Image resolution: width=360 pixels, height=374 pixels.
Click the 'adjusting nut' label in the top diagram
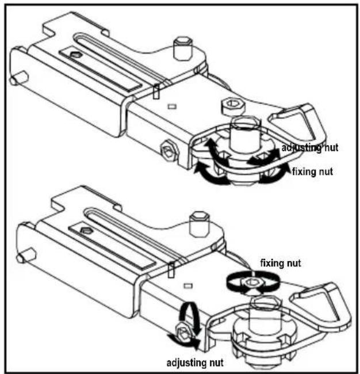click(310, 148)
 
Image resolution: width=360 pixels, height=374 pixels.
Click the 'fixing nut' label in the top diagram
click(313, 171)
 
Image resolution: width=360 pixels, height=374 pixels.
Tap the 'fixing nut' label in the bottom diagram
click(281, 263)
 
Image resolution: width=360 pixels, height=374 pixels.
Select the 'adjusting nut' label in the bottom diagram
click(195, 363)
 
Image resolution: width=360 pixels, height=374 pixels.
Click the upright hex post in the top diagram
click(182, 48)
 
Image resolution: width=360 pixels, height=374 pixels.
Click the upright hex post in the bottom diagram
click(200, 224)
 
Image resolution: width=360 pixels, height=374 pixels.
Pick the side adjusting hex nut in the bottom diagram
click(185, 333)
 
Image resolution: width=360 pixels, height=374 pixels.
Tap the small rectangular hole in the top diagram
click(172, 106)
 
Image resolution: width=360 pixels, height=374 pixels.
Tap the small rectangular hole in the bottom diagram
click(189, 285)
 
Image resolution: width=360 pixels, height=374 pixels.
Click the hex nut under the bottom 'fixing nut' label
click(252, 283)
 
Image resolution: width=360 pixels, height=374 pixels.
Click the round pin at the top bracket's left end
click(18, 78)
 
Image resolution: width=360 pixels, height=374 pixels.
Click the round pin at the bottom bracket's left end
click(25, 255)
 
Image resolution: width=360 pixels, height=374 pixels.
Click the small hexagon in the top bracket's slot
click(76, 55)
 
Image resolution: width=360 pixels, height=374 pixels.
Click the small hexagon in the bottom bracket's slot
click(85, 231)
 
